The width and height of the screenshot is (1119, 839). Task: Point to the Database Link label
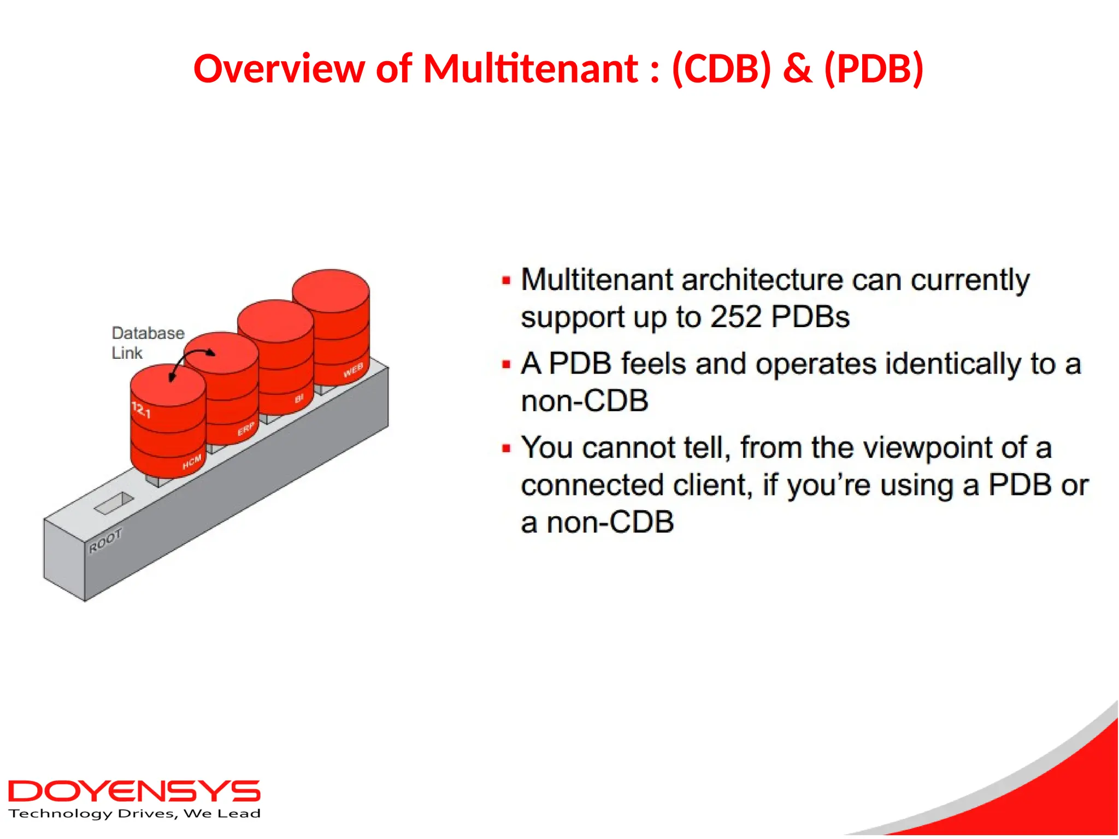pos(148,342)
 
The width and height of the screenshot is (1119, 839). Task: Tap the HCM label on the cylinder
pos(192,462)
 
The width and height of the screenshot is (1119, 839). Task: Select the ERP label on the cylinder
pos(246,429)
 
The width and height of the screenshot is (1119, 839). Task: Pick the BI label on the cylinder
pos(299,399)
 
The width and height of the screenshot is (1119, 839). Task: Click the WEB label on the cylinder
pos(353,370)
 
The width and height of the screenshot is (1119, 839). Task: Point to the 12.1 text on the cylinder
pos(141,410)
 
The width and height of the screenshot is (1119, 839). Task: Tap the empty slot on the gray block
pos(114,503)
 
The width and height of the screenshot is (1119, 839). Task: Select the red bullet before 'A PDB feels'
pos(506,364)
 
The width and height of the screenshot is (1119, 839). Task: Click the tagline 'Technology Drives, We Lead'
pos(134,814)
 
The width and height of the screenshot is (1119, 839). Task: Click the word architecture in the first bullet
pos(763,280)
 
